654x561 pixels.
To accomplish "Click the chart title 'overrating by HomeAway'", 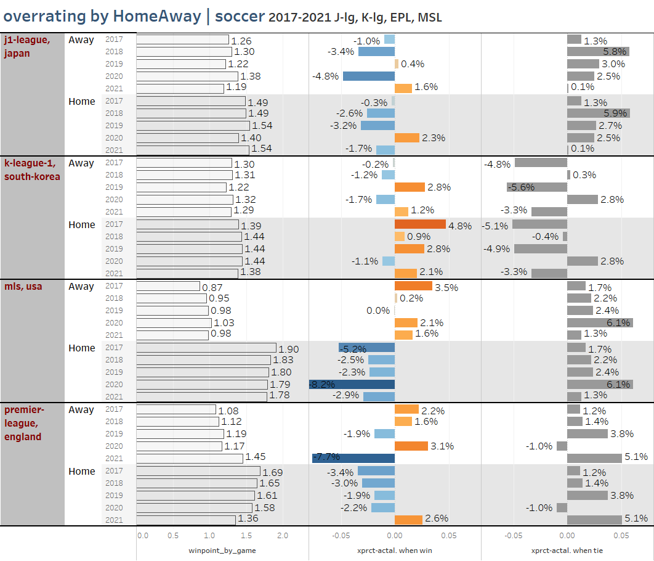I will click(x=102, y=17).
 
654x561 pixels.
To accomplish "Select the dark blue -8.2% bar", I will click(x=352, y=385).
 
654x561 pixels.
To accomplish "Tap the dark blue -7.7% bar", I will click(x=353, y=458).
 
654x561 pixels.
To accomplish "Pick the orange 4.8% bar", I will click(x=420, y=225).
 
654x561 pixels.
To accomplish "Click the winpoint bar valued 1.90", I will click(x=206, y=348).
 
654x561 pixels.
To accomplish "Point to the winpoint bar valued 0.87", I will click(x=168, y=287).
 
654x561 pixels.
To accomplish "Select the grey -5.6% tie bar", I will click(x=537, y=187).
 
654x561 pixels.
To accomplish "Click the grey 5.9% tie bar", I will click(x=598, y=113).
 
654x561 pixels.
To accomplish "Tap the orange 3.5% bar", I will click(x=413, y=287).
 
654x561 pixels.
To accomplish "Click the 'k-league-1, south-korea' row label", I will click(x=33, y=170).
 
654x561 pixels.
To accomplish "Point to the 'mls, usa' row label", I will click(x=23, y=287).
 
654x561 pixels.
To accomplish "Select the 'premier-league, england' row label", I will click(x=23, y=423).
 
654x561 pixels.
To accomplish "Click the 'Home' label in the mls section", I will click(x=82, y=348).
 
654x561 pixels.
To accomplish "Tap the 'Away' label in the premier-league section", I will click(x=81, y=410).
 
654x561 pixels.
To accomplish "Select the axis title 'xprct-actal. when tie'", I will click(x=567, y=551).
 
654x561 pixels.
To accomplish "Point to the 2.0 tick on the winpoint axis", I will click(x=283, y=536).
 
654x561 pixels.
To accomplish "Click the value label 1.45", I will click(x=256, y=459).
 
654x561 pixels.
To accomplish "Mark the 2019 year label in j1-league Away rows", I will click(x=114, y=64).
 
